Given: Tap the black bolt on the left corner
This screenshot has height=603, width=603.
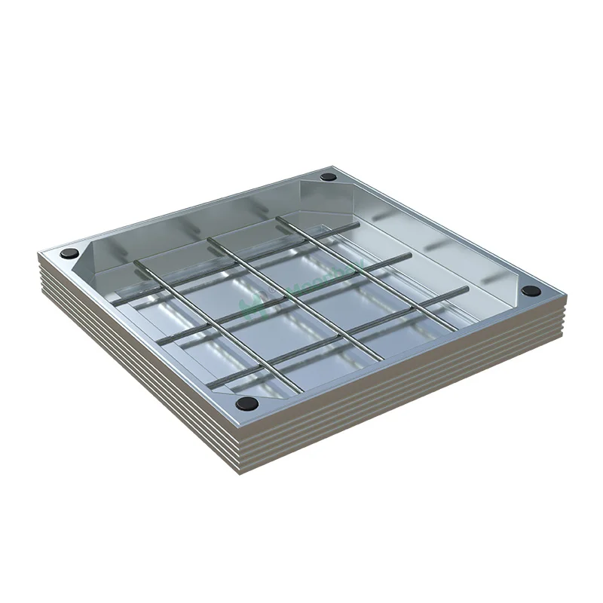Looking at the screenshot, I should click(70, 253).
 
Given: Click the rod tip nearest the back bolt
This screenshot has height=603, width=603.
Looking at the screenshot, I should click(280, 219).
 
